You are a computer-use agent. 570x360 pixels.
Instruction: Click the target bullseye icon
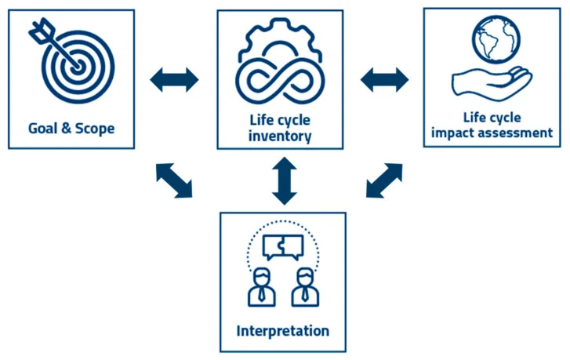[x=78, y=67]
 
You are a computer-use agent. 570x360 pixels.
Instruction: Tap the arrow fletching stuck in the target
[x=41, y=30]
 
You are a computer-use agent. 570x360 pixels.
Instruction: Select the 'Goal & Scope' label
[x=71, y=129]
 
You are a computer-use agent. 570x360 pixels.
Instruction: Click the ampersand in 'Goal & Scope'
[x=66, y=128]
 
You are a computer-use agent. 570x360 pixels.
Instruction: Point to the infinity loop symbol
[x=280, y=81]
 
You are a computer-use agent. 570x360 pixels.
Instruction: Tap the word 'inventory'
[x=280, y=136]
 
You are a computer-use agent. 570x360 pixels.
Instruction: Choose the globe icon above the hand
[x=496, y=39]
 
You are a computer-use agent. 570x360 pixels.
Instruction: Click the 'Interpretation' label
[x=283, y=331]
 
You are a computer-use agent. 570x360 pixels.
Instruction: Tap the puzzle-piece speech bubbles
[x=283, y=247]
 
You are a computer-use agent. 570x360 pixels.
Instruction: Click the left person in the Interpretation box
[x=261, y=287]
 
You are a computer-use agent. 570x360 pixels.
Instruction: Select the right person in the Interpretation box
[x=305, y=287]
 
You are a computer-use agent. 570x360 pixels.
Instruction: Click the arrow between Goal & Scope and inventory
[x=175, y=80]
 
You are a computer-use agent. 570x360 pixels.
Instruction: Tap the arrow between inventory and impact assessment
[x=385, y=80]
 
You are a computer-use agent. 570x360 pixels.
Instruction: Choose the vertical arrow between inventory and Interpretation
[x=285, y=180]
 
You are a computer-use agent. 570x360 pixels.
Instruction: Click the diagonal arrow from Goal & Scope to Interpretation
[x=174, y=180]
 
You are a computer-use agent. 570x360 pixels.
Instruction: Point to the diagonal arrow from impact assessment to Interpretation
[x=384, y=180]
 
